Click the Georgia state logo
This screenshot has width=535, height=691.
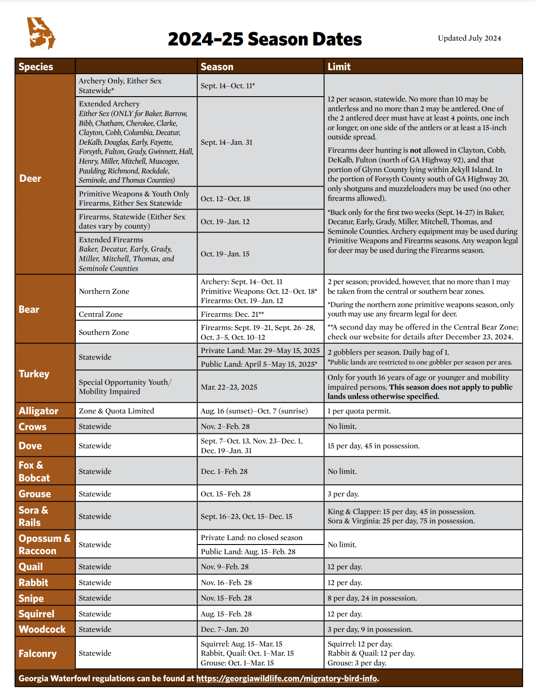click(41, 33)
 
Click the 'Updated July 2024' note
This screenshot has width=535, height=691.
click(469, 38)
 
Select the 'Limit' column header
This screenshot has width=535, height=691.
click(339, 67)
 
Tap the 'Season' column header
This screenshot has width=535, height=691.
click(217, 67)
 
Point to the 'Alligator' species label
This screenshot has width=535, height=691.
click(38, 411)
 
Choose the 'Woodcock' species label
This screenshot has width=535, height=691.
click(42, 629)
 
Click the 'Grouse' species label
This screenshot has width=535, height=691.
click(35, 494)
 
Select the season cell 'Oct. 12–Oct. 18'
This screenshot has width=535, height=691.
click(225, 199)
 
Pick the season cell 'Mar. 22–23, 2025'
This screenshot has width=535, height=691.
click(229, 387)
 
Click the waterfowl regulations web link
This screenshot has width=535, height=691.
click(287, 678)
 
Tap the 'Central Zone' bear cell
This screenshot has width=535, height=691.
click(101, 314)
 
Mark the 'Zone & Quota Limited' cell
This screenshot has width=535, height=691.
click(116, 411)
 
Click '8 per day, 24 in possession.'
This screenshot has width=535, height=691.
click(372, 598)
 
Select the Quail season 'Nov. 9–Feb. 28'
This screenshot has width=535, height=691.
click(224, 567)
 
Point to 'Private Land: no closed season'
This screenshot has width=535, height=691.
click(252, 537)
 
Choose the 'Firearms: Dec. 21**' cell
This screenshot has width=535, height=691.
click(232, 314)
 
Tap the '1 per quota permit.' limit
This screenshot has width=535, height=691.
click(359, 411)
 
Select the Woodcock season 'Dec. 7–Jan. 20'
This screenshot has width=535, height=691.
click(224, 629)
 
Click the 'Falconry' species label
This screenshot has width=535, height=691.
click(37, 653)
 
